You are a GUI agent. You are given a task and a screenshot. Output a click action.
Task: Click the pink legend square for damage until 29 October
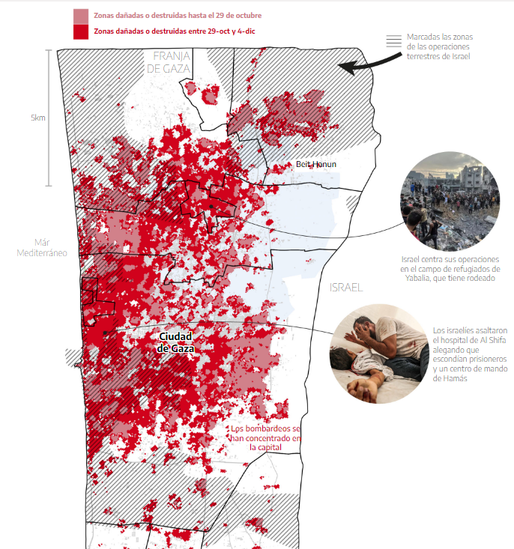pyautogui.click(x=81, y=16)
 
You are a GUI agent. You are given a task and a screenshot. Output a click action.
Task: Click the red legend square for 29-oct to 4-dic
pyautogui.click(x=81, y=31)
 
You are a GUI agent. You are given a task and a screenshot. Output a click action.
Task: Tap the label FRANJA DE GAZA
pyautogui.click(x=170, y=62)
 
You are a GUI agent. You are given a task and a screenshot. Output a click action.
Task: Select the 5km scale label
pyautogui.click(x=37, y=118)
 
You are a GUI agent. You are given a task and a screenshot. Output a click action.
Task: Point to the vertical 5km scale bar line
pyautogui.click(x=49, y=118)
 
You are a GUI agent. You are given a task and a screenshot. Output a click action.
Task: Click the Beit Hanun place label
pyautogui.click(x=316, y=164)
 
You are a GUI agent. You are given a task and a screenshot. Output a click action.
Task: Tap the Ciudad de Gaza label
pyautogui.click(x=176, y=342)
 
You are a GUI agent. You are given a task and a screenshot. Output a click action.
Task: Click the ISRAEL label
pyautogui.click(x=345, y=288)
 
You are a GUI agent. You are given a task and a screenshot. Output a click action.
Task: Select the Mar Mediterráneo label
pyautogui.click(x=41, y=247)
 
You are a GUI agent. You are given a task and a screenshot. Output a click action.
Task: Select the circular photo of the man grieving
pyautogui.click(x=380, y=354)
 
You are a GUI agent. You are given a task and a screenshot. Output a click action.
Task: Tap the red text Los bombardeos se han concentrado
pyautogui.click(x=265, y=437)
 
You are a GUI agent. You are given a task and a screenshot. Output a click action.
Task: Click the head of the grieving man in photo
pyautogui.click(x=365, y=327)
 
